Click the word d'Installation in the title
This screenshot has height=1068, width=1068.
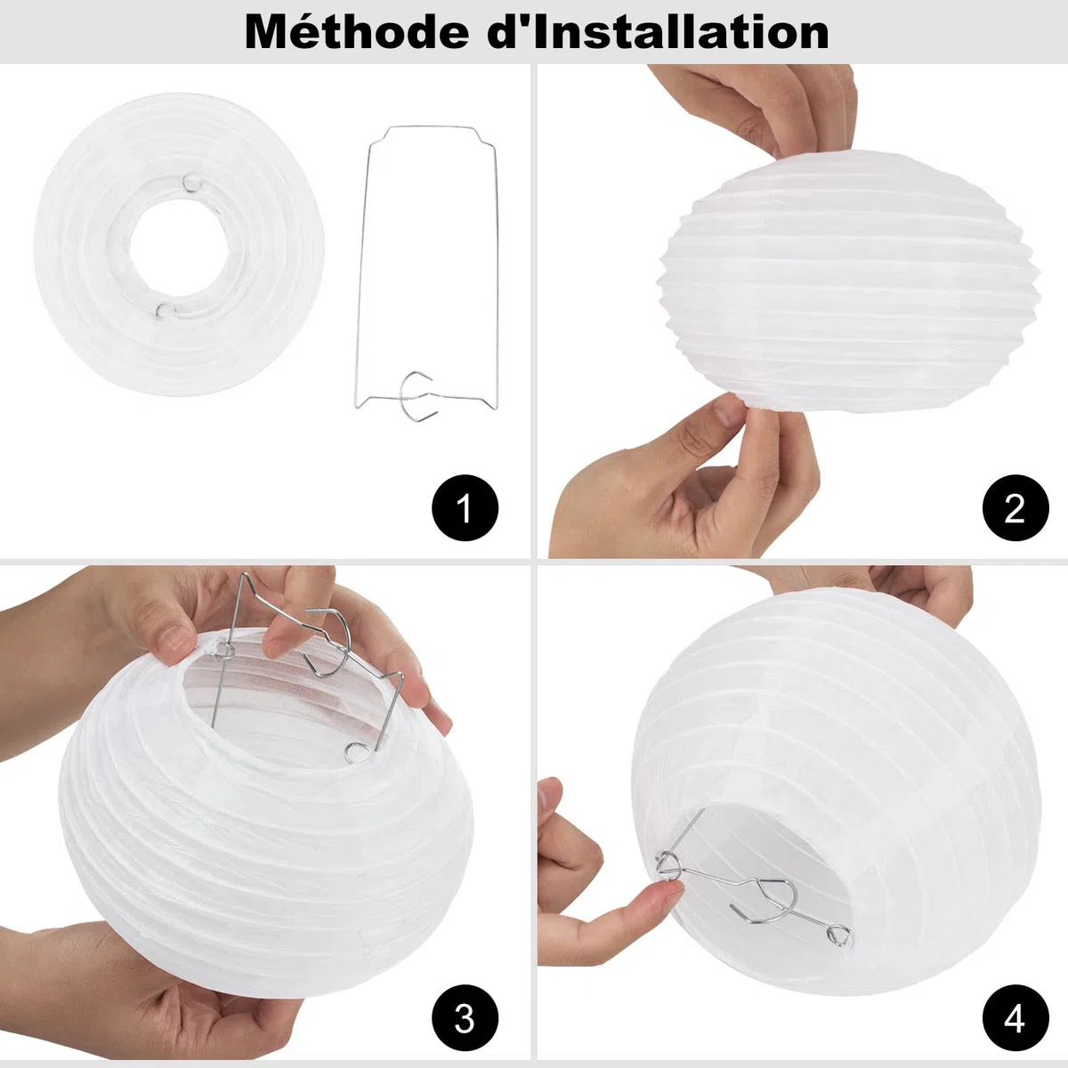(x=659, y=32)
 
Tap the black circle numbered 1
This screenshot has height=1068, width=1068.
(x=465, y=507)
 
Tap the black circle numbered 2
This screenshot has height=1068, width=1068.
(x=1015, y=507)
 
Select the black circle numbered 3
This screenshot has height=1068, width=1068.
(x=465, y=1017)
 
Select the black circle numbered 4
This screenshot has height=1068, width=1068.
(x=1015, y=1017)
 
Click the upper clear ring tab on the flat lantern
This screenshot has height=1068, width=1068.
(x=191, y=182)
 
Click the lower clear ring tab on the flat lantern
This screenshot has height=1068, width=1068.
(x=165, y=311)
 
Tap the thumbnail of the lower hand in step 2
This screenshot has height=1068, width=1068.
(x=725, y=410)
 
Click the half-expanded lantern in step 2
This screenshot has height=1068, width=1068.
(x=848, y=280)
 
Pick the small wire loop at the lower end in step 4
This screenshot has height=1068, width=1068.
(x=839, y=935)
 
